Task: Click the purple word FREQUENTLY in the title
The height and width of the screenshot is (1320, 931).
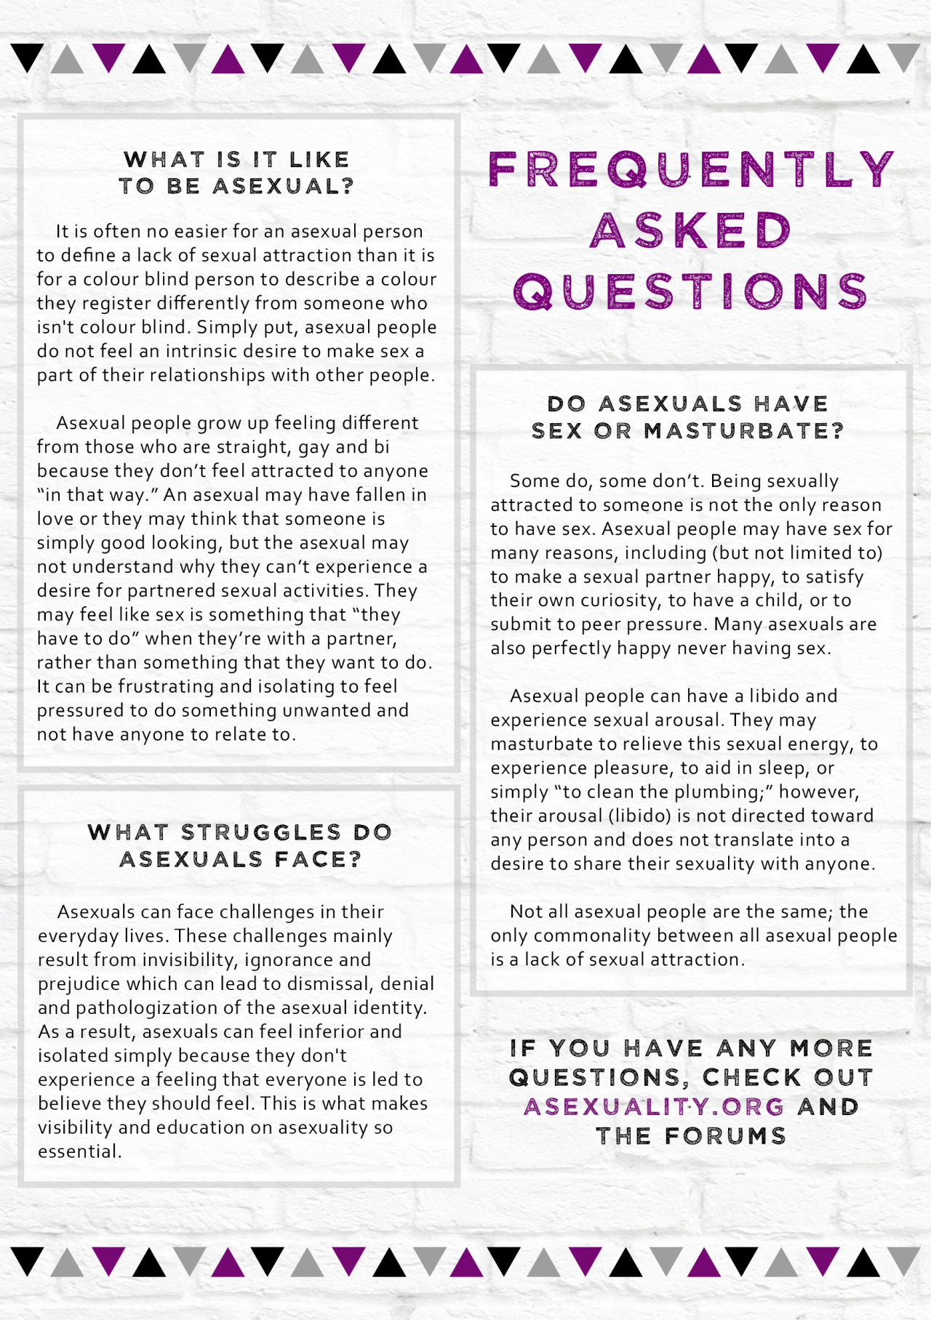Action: (691, 169)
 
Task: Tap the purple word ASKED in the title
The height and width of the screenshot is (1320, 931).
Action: (690, 230)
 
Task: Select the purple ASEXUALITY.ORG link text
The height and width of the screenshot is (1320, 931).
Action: (654, 1106)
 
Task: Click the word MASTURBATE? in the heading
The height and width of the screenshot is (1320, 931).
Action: (744, 431)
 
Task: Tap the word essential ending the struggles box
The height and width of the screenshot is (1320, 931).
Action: (78, 1151)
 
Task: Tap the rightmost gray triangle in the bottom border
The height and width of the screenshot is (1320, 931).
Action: (904, 1260)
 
